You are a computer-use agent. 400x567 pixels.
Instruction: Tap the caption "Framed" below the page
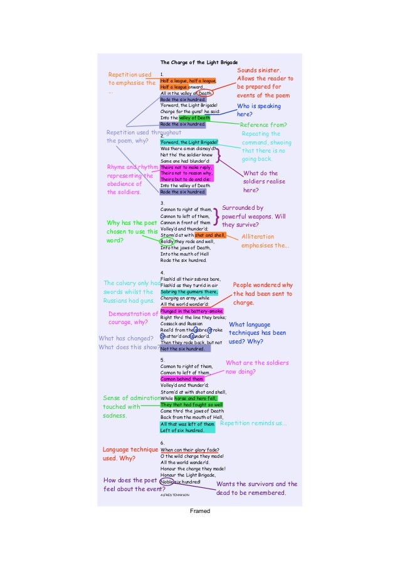(x=200, y=511)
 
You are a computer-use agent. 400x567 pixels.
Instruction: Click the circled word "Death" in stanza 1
(x=205, y=93)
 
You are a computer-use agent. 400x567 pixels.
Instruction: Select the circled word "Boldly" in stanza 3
(x=166, y=241)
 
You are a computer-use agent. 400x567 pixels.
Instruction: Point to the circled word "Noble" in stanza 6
(x=167, y=481)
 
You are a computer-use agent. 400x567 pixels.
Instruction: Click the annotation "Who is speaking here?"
(x=258, y=111)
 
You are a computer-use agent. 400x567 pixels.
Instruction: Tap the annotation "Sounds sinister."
(x=259, y=70)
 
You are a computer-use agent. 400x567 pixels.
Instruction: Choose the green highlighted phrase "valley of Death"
(x=194, y=118)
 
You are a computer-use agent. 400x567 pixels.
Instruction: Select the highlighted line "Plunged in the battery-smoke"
(x=191, y=311)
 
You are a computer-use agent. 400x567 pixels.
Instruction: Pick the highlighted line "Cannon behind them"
(x=182, y=379)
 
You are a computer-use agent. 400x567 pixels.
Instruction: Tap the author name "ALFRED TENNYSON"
(x=175, y=495)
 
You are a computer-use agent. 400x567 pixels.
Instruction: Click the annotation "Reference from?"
(x=263, y=125)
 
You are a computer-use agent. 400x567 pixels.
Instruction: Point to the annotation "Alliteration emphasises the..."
(x=266, y=241)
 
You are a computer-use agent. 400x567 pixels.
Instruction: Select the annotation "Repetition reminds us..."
(x=253, y=423)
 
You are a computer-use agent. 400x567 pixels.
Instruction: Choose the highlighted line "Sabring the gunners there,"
(x=189, y=292)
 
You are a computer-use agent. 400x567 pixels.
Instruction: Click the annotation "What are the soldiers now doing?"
(x=256, y=367)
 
